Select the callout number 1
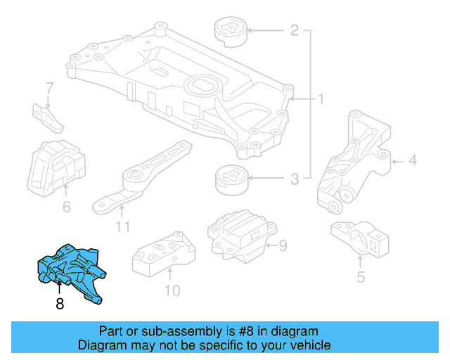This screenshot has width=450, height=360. (320, 100)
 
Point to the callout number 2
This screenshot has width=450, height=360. (294, 30)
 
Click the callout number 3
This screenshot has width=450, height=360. (294, 180)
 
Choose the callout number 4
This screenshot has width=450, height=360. (412, 161)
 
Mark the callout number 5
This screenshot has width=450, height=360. (361, 277)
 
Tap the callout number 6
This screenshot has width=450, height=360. (67, 207)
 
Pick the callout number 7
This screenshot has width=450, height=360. (49, 89)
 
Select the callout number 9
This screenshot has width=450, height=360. (283, 245)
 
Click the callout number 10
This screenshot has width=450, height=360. (172, 290)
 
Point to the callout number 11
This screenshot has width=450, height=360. (123, 226)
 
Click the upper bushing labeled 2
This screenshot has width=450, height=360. (230, 31)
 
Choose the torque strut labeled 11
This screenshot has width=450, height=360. (141, 179)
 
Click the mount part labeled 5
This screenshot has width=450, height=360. (360, 240)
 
